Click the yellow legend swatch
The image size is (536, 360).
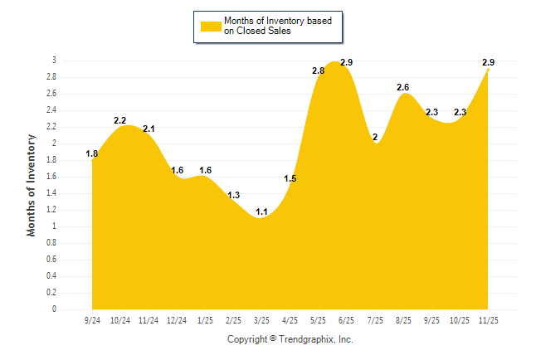(211, 26)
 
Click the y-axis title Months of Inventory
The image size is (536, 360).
(32, 185)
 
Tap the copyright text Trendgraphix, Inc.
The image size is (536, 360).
(290, 339)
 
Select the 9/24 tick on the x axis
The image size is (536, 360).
(92, 319)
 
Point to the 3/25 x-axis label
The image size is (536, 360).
(261, 319)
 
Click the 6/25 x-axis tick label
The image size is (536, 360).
(346, 319)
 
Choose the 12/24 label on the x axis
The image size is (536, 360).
(177, 319)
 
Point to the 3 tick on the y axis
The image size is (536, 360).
(54, 61)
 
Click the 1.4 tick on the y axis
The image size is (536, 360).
(51, 193)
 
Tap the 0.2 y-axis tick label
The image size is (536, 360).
(51, 293)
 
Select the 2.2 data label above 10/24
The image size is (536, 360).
(120, 121)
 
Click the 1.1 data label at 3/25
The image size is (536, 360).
(261, 212)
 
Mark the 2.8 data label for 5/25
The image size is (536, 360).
(318, 71)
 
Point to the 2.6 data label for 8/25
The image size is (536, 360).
(403, 88)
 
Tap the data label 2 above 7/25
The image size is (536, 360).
(375, 138)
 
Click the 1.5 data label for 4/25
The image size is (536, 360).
(290, 179)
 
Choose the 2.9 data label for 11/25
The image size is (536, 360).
(488, 63)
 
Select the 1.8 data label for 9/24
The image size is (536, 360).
(92, 154)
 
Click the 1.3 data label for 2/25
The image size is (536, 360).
(233, 196)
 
